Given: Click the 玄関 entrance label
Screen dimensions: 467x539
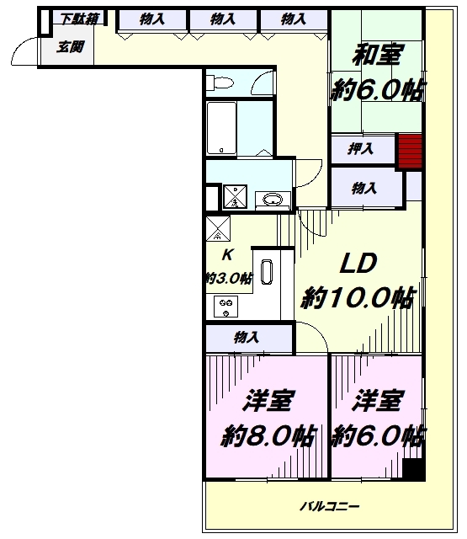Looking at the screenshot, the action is pyautogui.click(x=71, y=47).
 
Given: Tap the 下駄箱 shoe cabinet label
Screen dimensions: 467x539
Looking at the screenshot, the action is pyautogui.click(x=80, y=19).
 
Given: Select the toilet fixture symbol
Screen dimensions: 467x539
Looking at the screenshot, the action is pyautogui.click(x=220, y=83).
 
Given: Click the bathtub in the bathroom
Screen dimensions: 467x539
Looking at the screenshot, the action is pyautogui.click(x=222, y=127).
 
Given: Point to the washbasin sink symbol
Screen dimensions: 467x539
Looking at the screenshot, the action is pyautogui.click(x=273, y=199).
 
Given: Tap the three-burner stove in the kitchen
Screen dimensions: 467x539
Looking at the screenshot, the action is pyautogui.click(x=226, y=307).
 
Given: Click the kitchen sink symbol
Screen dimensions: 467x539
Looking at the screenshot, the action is pyautogui.click(x=267, y=272).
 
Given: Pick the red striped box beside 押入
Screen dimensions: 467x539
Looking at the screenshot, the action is pyautogui.click(x=410, y=152).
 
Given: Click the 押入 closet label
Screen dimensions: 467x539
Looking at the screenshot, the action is pyautogui.click(x=360, y=149).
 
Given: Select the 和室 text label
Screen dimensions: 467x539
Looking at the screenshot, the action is pyautogui.click(x=377, y=55).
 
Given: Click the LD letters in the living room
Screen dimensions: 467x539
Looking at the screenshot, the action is pyautogui.click(x=358, y=264).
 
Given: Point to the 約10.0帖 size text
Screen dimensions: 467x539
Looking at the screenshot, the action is pyautogui.click(x=358, y=297).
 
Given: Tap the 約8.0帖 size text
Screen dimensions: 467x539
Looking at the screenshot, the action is pyautogui.click(x=268, y=436).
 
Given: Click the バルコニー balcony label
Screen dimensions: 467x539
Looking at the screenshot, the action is pyautogui.click(x=330, y=506).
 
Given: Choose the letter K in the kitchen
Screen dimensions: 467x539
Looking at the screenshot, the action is pyautogui.click(x=227, y=255).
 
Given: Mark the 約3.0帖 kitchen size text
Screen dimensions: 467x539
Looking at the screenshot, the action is pyautogui.click(x=229, y=278).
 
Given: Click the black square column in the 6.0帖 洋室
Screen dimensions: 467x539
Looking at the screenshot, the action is pyautogui.click(x=414, y=470).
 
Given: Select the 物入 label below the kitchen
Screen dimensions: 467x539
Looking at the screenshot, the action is pyautogui.click(x=247, y=338).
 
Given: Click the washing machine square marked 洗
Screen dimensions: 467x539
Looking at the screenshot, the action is pyautogui.click(x=235, y=196).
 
